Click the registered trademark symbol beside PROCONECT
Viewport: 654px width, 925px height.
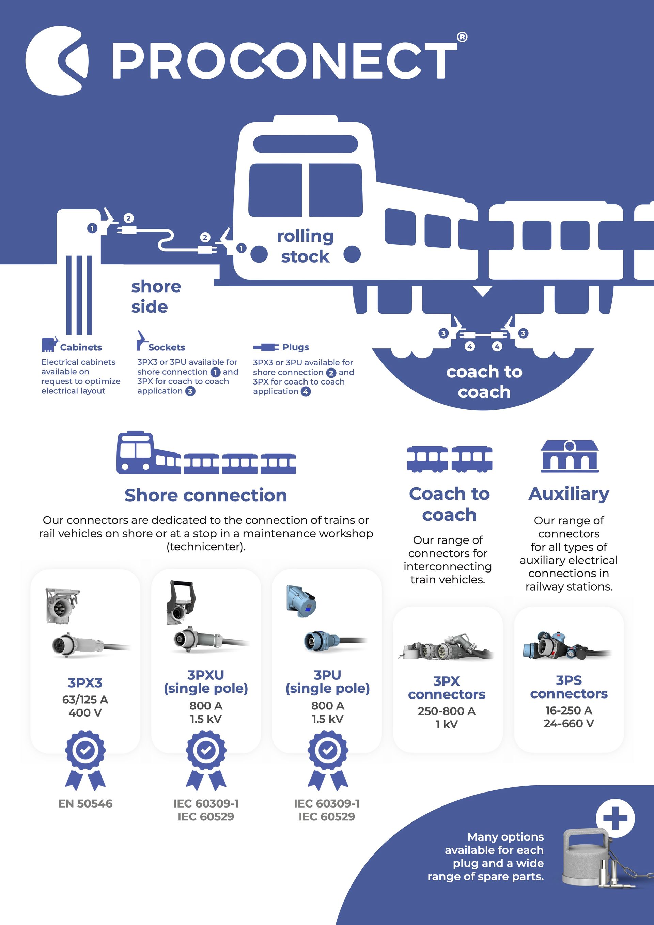tap(462, 37)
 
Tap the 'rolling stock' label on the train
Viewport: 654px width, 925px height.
tap(305, 246)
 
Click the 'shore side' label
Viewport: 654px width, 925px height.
tap(156, 297)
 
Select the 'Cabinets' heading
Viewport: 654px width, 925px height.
tap(81, 347)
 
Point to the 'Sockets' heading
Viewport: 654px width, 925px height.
tap(167, 347)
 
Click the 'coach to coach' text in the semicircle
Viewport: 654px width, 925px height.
tap(484, 381)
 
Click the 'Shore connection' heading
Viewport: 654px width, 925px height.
tap(205, 495)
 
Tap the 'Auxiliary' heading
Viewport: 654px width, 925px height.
tap(569, 494)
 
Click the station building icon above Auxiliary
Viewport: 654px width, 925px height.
tap(570, 456)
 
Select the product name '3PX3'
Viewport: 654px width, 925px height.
tap(85, 683)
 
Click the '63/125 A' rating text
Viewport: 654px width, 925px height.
tap(85, 700)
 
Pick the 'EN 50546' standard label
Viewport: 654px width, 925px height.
tap(85, 804)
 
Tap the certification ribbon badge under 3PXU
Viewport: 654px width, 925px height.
tap(206, 760)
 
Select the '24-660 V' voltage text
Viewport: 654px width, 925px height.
tap(569, 724)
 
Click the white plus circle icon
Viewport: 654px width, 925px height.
tap(615, 819)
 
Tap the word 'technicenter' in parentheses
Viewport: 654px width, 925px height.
tap(205, 547)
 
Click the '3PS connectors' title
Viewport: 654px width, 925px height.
tap(569, 687)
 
